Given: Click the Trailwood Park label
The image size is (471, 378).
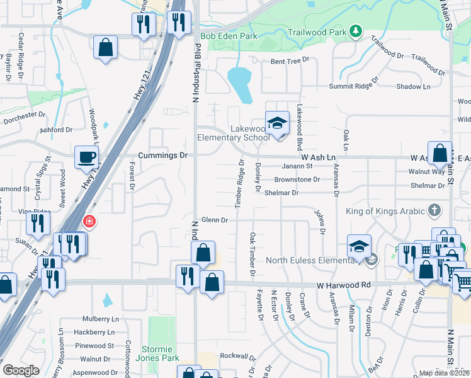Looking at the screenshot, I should tap(317, 31).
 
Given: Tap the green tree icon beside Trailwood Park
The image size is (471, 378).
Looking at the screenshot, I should tap(356, 30).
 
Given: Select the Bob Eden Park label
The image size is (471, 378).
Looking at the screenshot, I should tap(229, 37).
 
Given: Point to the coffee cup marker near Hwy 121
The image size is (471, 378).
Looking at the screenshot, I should tap(86, 157).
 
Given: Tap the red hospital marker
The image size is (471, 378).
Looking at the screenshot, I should tap(89, 222).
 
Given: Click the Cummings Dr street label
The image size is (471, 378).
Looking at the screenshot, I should tap(163, 155).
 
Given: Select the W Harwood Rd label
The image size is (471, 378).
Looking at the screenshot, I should tap(344, 285).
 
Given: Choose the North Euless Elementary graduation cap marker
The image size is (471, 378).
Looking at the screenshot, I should tap(359, 247).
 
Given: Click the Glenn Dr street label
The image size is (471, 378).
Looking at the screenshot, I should tap(214, 219).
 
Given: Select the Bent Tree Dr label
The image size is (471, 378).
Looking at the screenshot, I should tap(290, 61).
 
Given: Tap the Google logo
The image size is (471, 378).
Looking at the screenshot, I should tap(21, 370).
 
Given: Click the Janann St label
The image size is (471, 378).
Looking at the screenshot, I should tap(297, 166).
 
